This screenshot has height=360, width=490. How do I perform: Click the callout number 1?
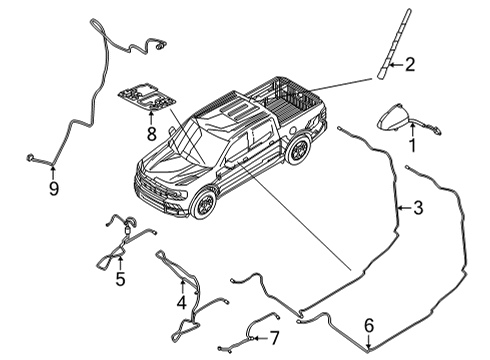[410, 144]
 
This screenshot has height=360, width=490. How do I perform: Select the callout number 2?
[408, 66]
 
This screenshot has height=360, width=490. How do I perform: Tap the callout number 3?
[418, 208]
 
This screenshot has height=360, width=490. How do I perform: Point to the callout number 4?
[181, 300]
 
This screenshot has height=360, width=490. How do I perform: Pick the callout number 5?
[120, 279]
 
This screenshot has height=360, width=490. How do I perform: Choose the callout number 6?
[369, 325]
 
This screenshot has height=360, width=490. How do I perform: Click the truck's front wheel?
[203, 204]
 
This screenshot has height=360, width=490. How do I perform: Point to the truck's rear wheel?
[297, 150]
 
